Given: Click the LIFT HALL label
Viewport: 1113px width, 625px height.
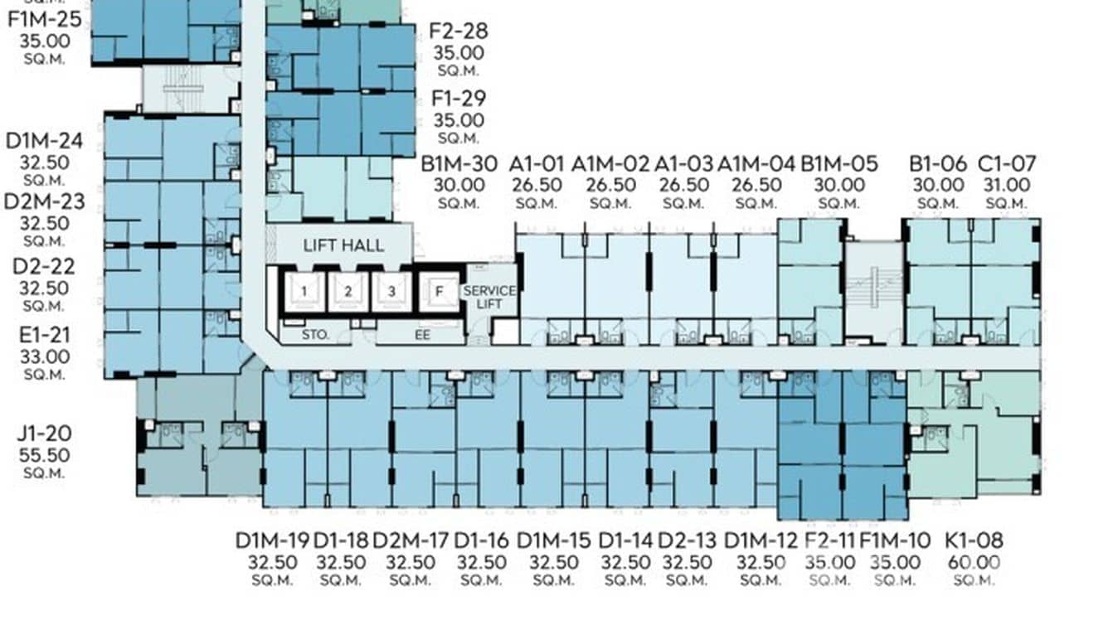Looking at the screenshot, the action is pyautogui.click(x=343, y=245).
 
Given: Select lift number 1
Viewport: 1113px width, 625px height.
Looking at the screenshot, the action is pyautogui.click(x=304, y=292).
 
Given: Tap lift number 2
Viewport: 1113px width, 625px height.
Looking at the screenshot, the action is pyautogui.click(x=348, y=292).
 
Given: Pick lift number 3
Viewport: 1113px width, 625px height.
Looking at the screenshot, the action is pyautogui.click(x=391, y=292).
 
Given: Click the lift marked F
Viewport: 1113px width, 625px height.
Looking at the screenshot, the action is pyautogui.click(x=439, y=292).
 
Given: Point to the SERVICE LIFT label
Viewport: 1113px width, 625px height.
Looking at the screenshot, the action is pyautogui.click(x=489, y=297).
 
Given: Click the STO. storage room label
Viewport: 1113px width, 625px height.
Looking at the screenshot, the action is pyautogui.click(x=315, y=335).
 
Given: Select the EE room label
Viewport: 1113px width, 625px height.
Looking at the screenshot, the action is pyautogui.click(x=422, y=335).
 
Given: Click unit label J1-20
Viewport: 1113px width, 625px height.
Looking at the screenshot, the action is pyautogui.click(x=45, y=434).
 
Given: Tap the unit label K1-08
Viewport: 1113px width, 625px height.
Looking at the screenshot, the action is pyautogui.click(x=974, y=540).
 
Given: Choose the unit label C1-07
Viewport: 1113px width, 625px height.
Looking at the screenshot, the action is pyautogui.click(x=1007, y=164).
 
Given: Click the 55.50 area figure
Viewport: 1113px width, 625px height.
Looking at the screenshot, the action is pyautogui.click(x=45, y=455).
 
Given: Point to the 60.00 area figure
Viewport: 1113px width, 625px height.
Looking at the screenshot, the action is pyautogui.click(x=974, y=563).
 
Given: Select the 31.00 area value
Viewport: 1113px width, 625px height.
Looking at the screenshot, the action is pyautogui.click(x=1007, y=185).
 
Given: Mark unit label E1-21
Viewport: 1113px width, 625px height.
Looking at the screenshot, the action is pyautogui.click(x=45, y=336).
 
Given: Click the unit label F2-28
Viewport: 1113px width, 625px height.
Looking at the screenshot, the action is pyautogui.click(x=459, y=31).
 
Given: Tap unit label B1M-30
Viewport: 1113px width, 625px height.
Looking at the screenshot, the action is pyautogui.click(x=459, y=164).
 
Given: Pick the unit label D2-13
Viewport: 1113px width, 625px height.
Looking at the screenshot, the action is pyautogui.click(x=688, y=540).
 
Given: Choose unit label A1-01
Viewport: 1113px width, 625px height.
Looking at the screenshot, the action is pyautogui.click(x=537, y=164).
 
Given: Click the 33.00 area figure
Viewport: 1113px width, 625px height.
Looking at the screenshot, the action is pyautogui.click(x=45, y=357).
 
